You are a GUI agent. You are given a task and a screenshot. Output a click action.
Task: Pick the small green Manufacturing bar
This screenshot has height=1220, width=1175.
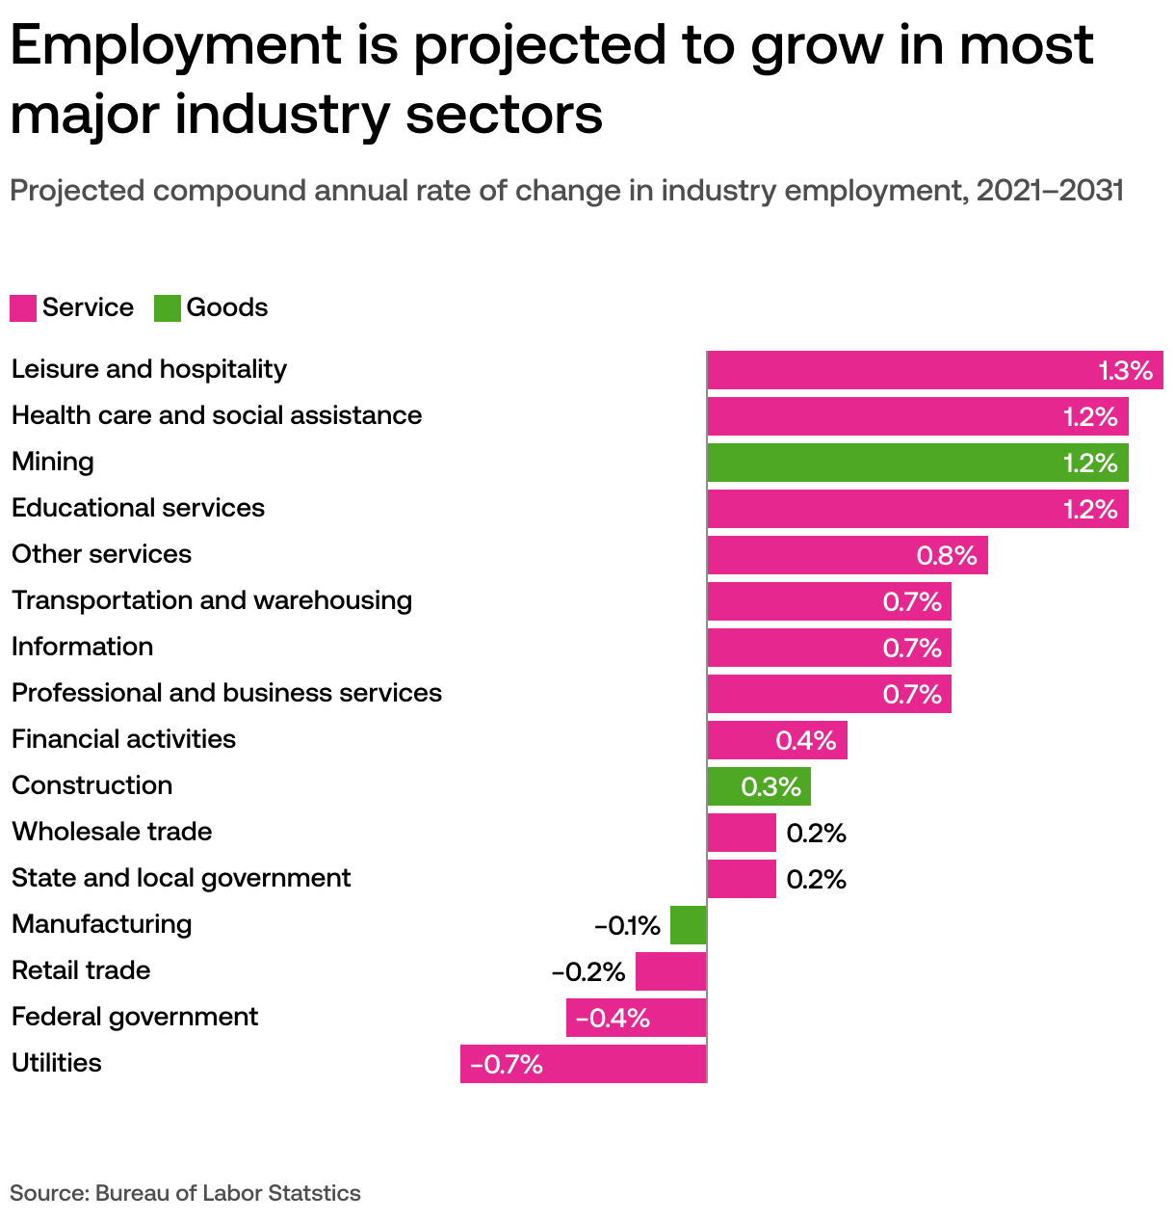(x=689, y=925)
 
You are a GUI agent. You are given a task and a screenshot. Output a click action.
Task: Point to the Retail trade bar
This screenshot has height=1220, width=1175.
(x=671, y=971)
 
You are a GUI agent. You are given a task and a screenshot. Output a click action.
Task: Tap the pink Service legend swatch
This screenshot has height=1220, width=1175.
(x=23, y=308)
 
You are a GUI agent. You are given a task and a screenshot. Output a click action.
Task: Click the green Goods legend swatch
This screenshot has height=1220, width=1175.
(x=168, y=308)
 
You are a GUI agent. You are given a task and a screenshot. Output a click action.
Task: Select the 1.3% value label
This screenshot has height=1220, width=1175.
(x=1125, y=371)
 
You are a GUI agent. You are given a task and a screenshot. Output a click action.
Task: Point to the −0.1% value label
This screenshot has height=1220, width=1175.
(x=627, y=926)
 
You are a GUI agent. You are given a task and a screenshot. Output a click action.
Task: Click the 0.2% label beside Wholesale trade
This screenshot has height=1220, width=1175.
(x=816, y=834)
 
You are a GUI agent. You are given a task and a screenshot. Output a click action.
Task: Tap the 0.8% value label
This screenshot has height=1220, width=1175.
(x=947, y=556)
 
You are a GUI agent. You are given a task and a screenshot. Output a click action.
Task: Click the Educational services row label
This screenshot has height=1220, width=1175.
(x=138, y=508)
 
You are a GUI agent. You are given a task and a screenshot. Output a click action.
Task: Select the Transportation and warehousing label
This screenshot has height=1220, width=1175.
(x=212, y=600)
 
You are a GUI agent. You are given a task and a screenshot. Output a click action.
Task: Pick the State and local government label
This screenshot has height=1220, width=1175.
(x=181, y=878)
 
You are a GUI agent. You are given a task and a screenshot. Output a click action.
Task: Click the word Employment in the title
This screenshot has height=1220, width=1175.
(x=176, y=46)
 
